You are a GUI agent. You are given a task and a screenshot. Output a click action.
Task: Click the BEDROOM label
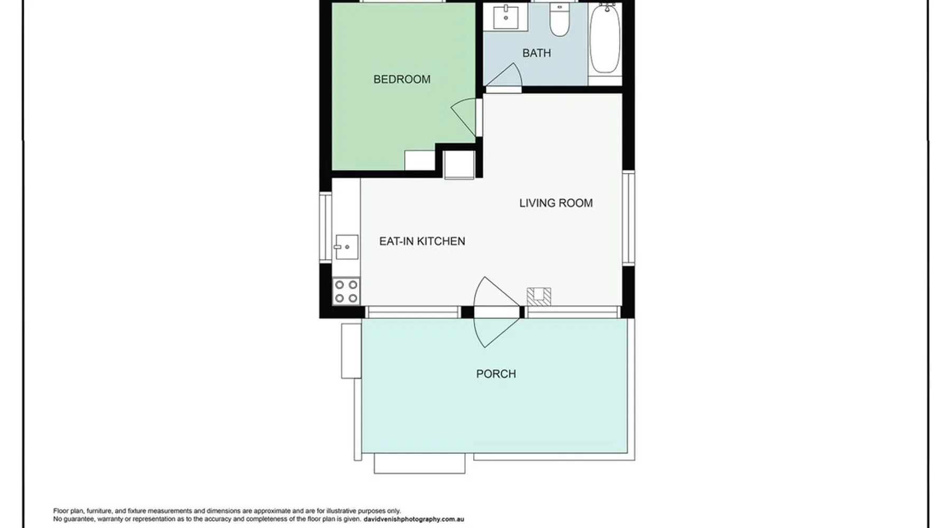(x=402, y=79)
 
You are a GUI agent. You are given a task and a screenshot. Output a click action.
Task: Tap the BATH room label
(x=536, y=53)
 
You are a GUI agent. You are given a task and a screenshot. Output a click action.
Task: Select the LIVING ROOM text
(x=556, y=203)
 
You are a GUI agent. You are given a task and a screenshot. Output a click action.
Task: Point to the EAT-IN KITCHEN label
(x=422, y=241)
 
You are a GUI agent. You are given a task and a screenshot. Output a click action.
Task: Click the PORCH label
(x=496, y=374)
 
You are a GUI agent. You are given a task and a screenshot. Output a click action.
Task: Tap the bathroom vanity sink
(x=506, y=17)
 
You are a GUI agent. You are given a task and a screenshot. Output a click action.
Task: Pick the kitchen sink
(x=347, y=247)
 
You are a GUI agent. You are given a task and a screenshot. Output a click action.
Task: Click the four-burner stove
(x=346, y=291)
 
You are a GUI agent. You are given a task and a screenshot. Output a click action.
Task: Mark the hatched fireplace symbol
(x=539, y=296)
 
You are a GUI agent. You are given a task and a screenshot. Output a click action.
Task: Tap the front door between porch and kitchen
(x=497, y=312)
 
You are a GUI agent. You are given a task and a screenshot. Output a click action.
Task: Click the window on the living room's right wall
(x=628, y=218)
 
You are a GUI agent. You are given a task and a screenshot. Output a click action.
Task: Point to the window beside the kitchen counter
(x=325, y=227)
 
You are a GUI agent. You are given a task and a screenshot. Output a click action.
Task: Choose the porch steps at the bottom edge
(x=419, y=463)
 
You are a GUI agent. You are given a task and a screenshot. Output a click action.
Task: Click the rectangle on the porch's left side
(x=351, y=351)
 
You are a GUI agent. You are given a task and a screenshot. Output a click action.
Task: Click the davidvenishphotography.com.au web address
(x=414, y=520)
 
